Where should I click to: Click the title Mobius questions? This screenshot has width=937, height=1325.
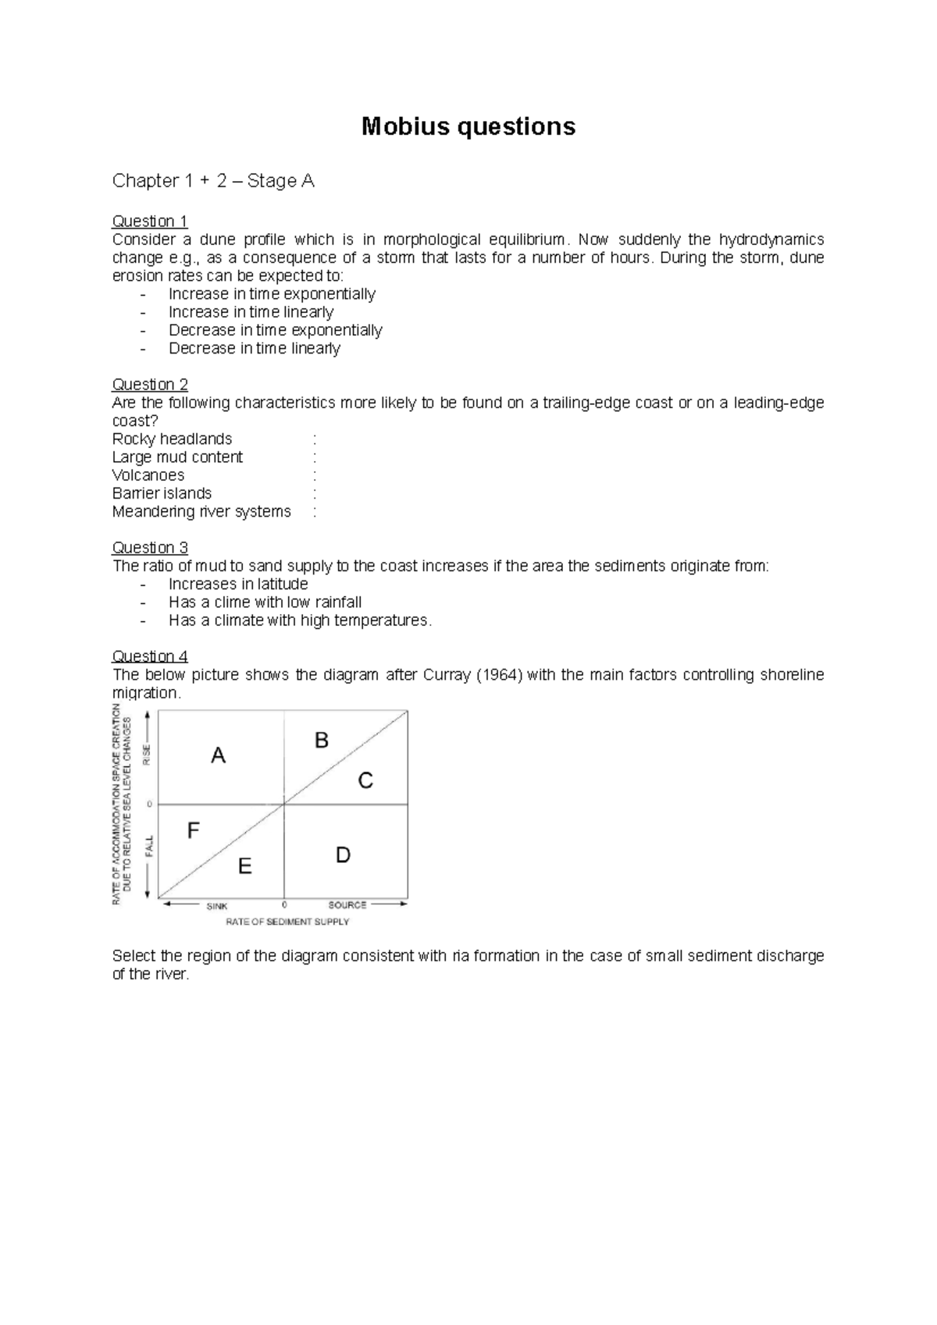[x=468, y=126]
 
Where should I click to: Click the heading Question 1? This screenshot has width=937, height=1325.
[x=150, y=221]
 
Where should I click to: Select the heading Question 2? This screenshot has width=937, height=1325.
[x=150, y=384]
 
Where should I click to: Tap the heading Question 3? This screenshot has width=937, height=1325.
[x=150, y=547]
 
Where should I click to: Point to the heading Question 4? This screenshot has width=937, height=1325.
[x=150, y=655]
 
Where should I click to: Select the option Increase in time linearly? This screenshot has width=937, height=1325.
[x=251, y=312]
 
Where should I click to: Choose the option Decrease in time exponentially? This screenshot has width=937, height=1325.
[x=275, y=330]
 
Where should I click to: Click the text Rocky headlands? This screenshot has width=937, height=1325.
[x=172, y=439]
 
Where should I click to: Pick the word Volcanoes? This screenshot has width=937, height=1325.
[x=148, y=475]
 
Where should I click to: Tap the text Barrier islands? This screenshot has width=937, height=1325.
[x=162, y=493]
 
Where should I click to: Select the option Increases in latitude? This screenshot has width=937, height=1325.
[x=238, y=584]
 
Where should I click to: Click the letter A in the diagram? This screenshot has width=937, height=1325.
[x=219, y=755]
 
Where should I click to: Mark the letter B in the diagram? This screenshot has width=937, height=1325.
[x=321, y=741]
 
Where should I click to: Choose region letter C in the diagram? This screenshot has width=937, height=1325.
[x=365, y=780]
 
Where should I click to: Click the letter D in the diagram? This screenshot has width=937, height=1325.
[x=343, y=855]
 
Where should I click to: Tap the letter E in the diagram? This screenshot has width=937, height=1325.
[x=244, y=866]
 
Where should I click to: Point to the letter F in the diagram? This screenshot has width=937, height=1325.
[x=194, y=831]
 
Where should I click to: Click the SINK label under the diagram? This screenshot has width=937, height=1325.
[x=217, y=906]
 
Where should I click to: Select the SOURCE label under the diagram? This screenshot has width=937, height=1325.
[x=347, y=905]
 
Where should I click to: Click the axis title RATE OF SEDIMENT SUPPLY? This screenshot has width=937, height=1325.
[x=287, y=922]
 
